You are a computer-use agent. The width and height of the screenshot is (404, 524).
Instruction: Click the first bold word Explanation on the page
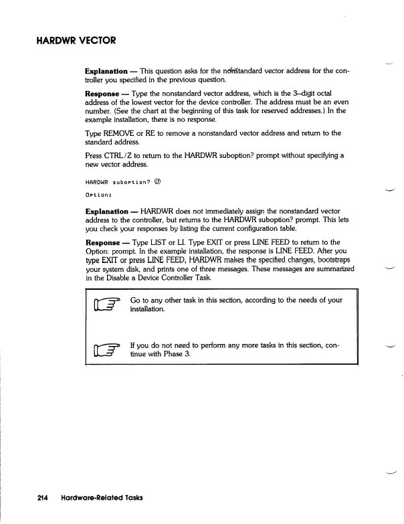pos(110,70)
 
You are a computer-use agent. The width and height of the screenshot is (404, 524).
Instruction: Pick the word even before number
pos(341,104)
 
